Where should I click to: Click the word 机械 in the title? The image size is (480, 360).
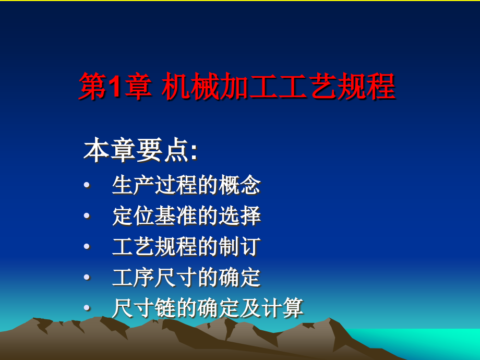click(x=190, y=86)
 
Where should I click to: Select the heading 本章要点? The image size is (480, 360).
click(x=136, y=150)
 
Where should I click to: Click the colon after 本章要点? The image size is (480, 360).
click(x=194, y=152)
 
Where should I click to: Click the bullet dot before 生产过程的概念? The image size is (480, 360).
click(x=87, y=185)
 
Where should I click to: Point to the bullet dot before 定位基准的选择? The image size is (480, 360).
click(x=87, y=216)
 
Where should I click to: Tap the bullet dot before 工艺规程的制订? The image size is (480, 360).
click(x=87, y=246)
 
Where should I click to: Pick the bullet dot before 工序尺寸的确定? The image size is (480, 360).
click(x=87, y=277)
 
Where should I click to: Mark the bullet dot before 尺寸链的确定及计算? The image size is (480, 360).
click(x=87, y=308)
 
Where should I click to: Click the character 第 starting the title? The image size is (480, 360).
click(x=93, y=86)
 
